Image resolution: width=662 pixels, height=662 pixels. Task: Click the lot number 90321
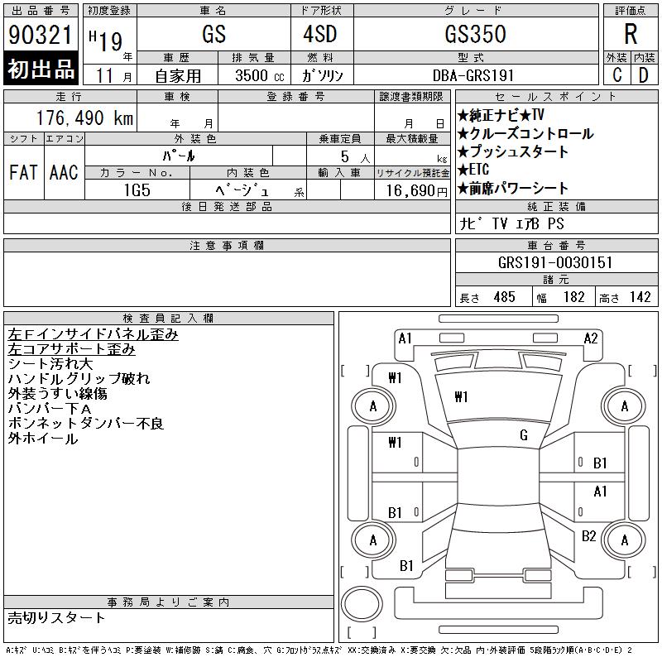pos(40,35)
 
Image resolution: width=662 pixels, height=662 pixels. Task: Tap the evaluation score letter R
pos(631,34)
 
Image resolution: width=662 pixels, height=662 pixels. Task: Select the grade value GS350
pos(475,34)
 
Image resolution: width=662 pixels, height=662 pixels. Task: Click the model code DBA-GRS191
pos(473,75)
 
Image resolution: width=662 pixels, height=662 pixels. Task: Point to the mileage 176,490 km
pos(84,118)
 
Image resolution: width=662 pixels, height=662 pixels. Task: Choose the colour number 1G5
pos(137,190)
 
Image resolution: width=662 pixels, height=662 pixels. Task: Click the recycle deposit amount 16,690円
pos(417,191)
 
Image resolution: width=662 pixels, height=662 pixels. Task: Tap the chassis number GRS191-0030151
pos(555,262)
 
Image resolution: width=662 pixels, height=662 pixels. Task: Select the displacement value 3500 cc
pos(260,75)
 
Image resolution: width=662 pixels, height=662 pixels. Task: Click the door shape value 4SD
pos(320,34)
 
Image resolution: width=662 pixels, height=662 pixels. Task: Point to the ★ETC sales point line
pos(473,170)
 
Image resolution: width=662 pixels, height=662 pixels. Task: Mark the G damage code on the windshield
pos(524,435)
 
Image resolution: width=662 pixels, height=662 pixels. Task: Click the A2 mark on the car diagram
pos(591,338)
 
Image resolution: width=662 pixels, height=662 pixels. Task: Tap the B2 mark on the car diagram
pos(588,535)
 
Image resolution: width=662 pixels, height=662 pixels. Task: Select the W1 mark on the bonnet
pos(461,397)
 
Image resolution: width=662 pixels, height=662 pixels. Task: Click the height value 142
pos(640,297)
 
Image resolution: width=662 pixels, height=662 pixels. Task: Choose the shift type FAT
pos(23,173)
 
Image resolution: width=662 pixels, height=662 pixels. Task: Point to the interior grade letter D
pos(644,75)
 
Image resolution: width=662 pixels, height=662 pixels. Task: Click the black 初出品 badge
pos(41,69)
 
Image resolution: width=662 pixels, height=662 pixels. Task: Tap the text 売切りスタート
pos(56,618)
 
